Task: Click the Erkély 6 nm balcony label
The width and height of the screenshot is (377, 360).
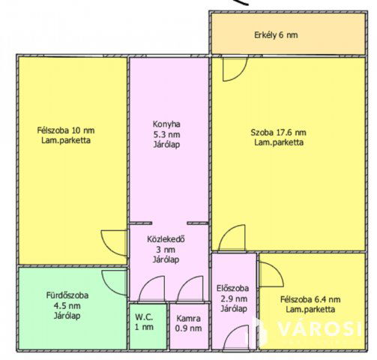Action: coord(276,35)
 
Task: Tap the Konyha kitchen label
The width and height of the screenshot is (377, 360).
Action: coord(166,124)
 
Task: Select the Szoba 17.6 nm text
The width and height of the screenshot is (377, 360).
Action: coord(278,132)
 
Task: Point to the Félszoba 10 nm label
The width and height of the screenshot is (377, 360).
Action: coord(66,130)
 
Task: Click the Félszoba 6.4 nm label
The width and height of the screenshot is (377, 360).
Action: coord(310,299)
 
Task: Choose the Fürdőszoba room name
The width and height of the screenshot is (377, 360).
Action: coord(67,295)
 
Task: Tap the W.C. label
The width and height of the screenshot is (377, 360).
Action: coord(144,317)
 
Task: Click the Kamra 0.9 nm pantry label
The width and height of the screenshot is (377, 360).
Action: coord(188,323)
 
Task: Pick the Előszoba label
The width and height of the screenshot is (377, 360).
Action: coord(232,288)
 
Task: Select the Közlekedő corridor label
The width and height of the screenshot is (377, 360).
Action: coord(166,239)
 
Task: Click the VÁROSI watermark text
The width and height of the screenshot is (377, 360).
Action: coord(320,328)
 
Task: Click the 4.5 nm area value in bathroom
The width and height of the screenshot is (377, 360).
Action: coord(67,305)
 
